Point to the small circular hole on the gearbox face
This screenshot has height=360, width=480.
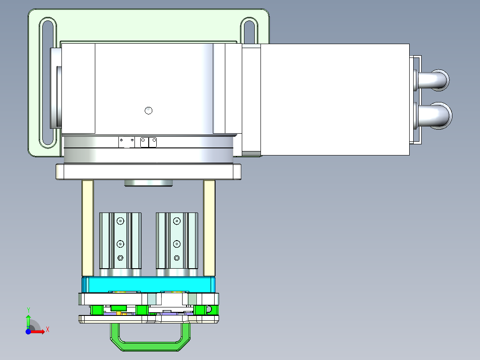[149, 110]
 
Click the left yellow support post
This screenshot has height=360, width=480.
[87, 228]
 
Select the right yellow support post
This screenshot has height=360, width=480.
[209, 228]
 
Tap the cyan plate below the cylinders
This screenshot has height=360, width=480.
[148, 283]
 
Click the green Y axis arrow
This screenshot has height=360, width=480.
[28, 319]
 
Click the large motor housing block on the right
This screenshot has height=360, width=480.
[334, 99]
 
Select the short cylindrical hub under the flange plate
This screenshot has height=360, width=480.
[148, 183]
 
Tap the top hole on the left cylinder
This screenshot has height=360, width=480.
[120, 221]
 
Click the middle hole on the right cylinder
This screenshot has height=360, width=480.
[177, 244]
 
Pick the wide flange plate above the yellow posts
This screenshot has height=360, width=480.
[148, 172]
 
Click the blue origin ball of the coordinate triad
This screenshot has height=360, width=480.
[28, 331]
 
